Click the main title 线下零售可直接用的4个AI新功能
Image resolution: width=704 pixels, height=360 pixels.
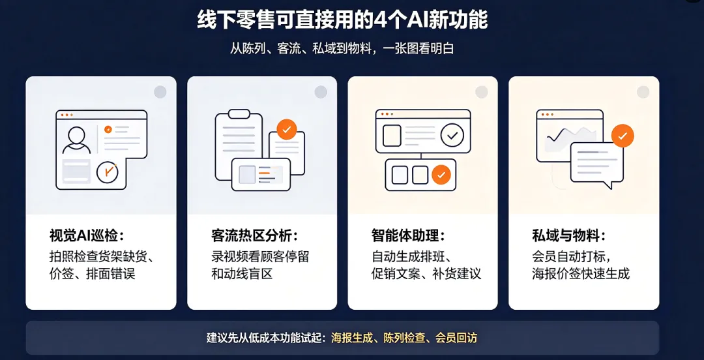pos(342,21)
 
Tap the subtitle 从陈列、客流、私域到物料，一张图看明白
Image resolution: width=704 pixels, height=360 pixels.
pos(342,48)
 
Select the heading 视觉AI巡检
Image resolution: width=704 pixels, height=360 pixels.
pos(87,235)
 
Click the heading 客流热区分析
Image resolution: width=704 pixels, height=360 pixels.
pos(255,235)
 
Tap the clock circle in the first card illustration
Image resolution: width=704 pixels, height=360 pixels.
pos(108,172)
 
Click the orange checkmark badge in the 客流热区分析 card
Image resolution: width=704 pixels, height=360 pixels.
pos(286,129)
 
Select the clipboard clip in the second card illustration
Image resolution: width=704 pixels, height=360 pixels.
pos(239,113)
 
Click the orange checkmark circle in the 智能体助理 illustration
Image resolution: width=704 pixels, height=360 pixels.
pos(441,175)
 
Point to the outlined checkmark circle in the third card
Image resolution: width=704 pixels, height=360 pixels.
pos(452,135)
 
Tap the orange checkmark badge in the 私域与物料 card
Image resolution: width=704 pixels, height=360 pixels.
pos(623,136)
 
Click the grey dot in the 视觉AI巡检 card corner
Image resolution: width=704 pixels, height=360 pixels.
pos(160,92)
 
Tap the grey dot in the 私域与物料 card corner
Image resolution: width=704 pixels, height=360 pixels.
pos(643,92)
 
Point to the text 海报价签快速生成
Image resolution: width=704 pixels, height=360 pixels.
pos(581,273)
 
